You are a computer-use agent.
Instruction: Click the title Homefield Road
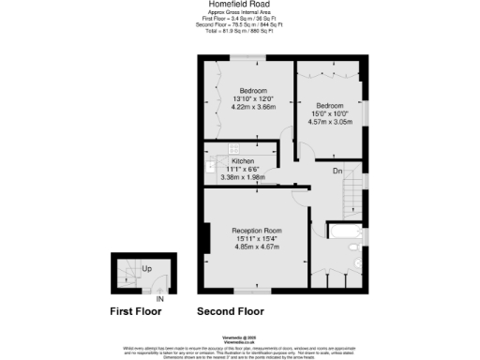coord(239,4)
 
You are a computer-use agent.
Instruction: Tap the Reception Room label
coord(257,231)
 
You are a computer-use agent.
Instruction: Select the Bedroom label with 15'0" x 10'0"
coord(331,105)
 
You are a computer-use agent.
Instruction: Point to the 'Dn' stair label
coord(337,171)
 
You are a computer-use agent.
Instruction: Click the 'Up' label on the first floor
coord(147,268)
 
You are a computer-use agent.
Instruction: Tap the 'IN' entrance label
coord(159,300)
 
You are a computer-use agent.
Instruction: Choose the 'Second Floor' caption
coord(230,312)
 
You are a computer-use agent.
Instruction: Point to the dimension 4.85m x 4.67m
coord(257,247)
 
